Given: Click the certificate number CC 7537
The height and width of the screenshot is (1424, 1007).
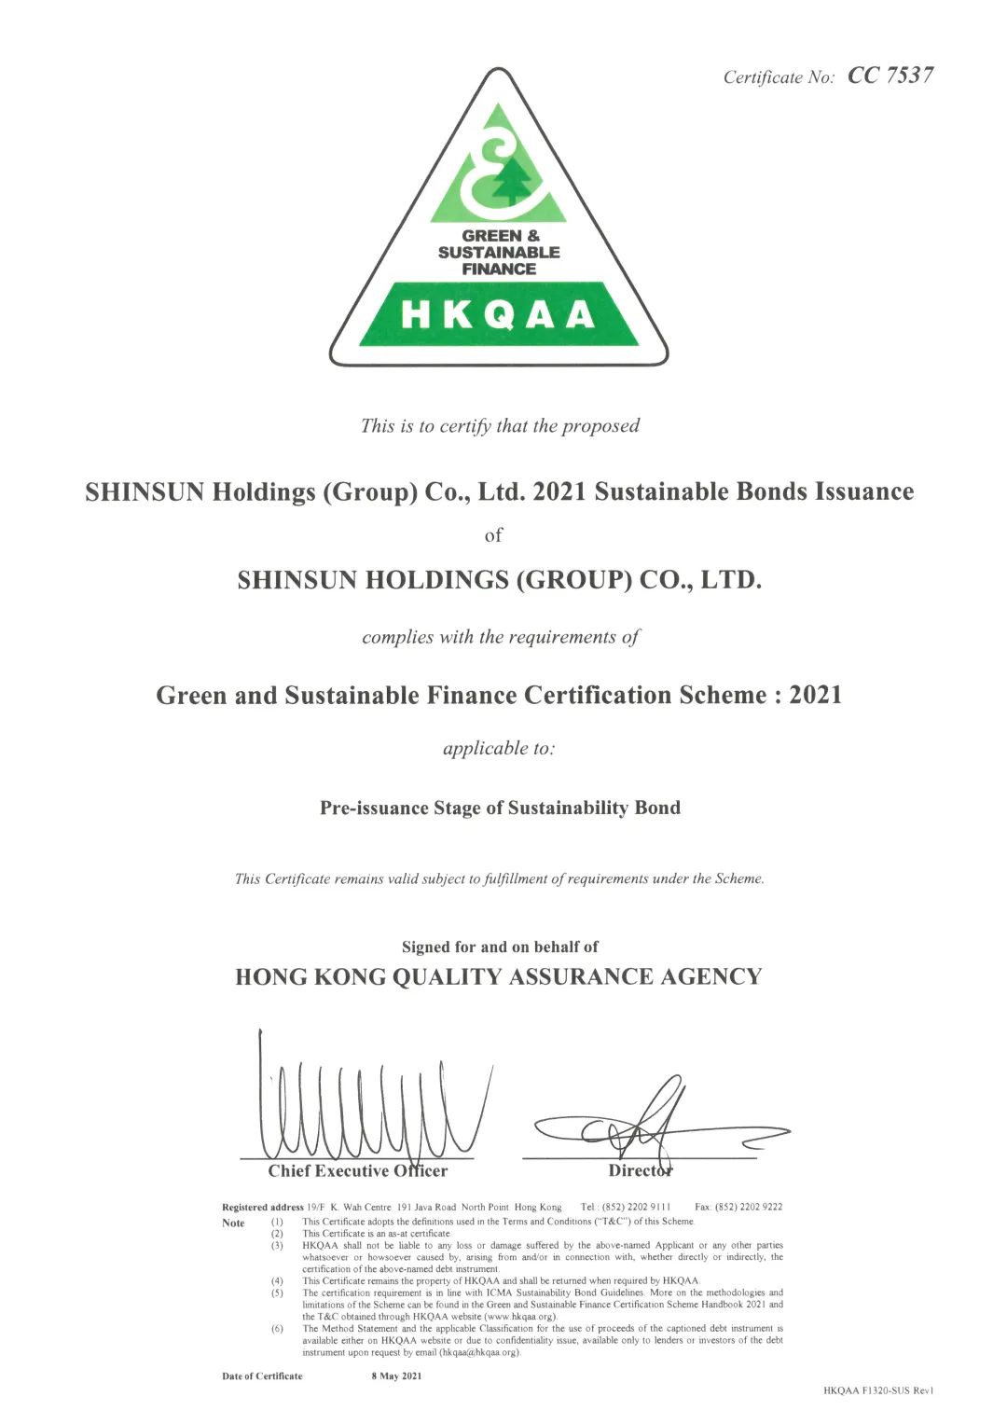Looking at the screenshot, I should [x=890, y=76].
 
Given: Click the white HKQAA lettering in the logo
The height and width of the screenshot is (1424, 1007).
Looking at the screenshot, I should [x=499, y=315].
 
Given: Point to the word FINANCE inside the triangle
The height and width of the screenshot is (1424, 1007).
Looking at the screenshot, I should [x=499, y=269].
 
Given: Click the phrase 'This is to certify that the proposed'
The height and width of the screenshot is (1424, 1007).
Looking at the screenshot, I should [x=500, y=426].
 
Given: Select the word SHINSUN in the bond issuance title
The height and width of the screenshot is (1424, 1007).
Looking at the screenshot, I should [x=145, y=491].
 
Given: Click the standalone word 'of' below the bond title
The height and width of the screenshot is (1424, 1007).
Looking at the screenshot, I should [x=493, y=535].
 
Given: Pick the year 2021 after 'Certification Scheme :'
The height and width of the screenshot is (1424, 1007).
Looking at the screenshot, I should [x=815, y=695].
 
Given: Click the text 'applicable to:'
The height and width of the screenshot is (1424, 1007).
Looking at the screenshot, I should [x=499, y=748].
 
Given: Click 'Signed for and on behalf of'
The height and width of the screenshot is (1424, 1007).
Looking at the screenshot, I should [x=500, y=947].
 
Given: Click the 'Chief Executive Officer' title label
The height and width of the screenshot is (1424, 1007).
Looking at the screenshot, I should [x=358, y=1170].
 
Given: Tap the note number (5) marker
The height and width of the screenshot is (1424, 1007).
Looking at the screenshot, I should [x=277, y=1293].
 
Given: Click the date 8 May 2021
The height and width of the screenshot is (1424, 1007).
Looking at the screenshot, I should [x=396, y=1376].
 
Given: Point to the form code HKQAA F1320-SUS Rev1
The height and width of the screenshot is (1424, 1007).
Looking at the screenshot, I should [x=878, y=1390].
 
